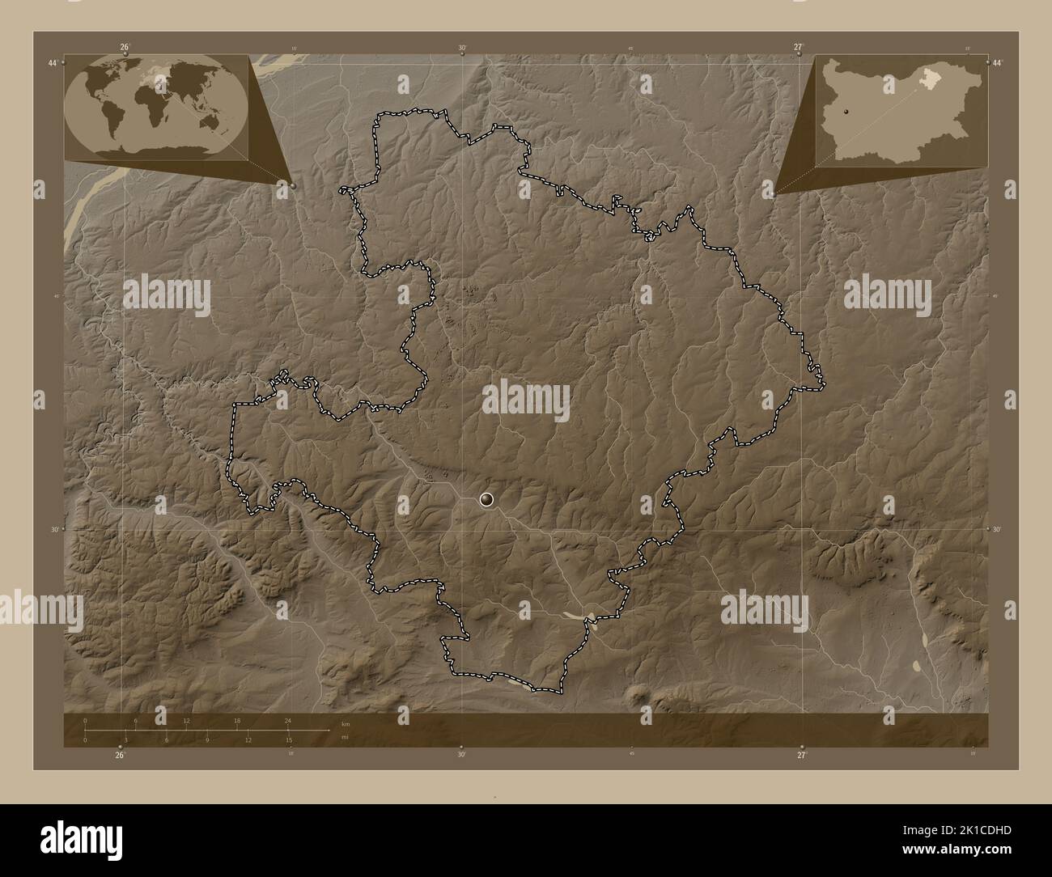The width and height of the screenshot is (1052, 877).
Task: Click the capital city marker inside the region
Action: pyautogui.click(x=486, y=500)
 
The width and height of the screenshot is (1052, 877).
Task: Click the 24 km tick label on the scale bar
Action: pyautogui.click(x=287, y=720)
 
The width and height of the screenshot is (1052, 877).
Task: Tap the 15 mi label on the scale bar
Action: pyautogui.click(x=288, y=739)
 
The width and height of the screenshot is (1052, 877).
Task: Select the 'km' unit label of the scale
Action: pyautogui.click(x=345, y=723)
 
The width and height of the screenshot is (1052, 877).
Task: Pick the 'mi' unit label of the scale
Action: pyautogui.click(x=344, y=738)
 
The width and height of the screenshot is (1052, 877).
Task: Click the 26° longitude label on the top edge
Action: pyautogui.click(x=125, y=47)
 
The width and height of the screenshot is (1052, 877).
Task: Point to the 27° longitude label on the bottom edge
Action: pyautogui.click(x=801, y=755)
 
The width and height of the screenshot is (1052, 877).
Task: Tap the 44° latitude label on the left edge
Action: pyautogui.click(x=53, y=63)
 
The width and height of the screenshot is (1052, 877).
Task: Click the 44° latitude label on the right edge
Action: pyautogui.click(x=997, y=63)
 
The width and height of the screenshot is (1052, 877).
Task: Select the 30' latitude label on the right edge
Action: pyautogui.click(x=997, y=529)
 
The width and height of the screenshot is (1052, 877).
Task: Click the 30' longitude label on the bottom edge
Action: pyautogui.click(x=461, y=755)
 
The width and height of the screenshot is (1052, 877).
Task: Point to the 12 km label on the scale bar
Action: pyautogui.click(x=186, y=720)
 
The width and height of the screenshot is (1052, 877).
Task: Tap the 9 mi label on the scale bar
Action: pyautogui.click(x=207, y=739)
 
